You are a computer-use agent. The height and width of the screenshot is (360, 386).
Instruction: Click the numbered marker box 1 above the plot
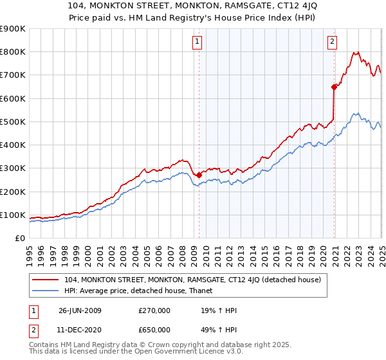pos(197,42)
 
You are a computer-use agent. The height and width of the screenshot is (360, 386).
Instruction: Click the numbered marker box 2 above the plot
pos(332,42)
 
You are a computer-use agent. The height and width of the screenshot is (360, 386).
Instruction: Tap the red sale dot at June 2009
pos(199,175)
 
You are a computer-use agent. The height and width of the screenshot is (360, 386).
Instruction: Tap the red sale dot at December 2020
pos(335,87)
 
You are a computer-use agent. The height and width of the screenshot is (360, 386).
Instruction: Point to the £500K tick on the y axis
pos(13,122)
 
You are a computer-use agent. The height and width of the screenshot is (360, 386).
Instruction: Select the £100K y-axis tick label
pos(13,215)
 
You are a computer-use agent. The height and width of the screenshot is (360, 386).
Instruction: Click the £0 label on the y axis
pos(20,238)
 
